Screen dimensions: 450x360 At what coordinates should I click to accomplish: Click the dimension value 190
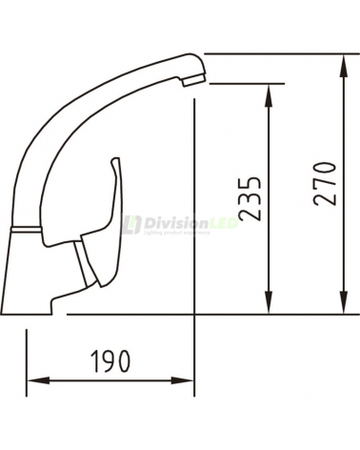(110, 360)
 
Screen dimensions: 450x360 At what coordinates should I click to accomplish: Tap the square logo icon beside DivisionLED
(131, 224)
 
